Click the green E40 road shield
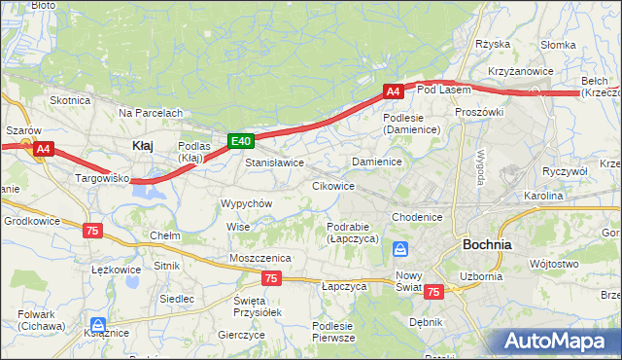[x=241, y=142]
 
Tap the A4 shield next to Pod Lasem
[x=393, y=91]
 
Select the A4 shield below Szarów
[x=43, y=149]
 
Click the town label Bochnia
[x=488, y=244]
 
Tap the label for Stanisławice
[x=274, y=162]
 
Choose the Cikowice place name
[x=332, y=185]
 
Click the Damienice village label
[x=377, y=161]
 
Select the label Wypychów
[x=247, y=203]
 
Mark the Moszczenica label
[x=260, y=257]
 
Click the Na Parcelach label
[x=151, y=113]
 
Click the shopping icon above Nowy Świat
[x=399, y=250]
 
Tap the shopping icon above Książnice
[x=96, y=325]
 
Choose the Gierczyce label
[x=242, y=334]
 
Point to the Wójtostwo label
[x=555, y=263]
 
